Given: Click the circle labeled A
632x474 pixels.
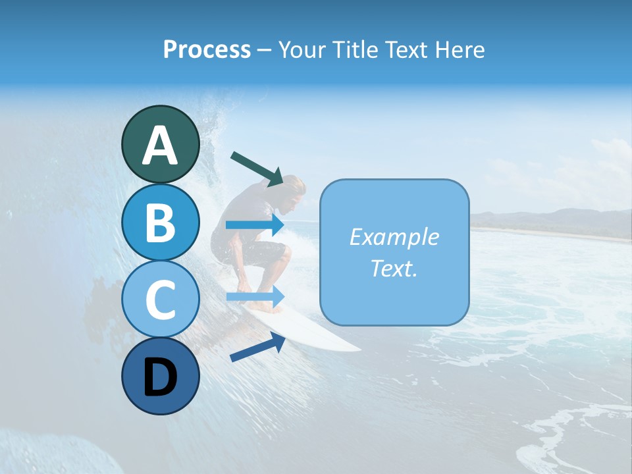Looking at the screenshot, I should [160, 144].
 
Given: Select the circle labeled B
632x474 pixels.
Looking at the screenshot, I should [160, 222].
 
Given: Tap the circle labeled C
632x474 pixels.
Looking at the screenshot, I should [160, 299].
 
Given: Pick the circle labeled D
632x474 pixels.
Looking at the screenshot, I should [160, 376].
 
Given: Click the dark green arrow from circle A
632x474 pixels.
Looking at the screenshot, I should [257, 168].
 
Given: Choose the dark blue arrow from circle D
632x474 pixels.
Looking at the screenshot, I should [257, 347].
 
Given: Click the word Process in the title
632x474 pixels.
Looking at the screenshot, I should [207, 49].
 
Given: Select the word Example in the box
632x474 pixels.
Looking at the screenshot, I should [394, 237].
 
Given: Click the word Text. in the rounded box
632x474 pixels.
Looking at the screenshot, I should [394, 268].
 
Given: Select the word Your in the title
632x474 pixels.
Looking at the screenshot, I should [300, 49].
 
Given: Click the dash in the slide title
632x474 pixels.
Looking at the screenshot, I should [265, 50].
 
